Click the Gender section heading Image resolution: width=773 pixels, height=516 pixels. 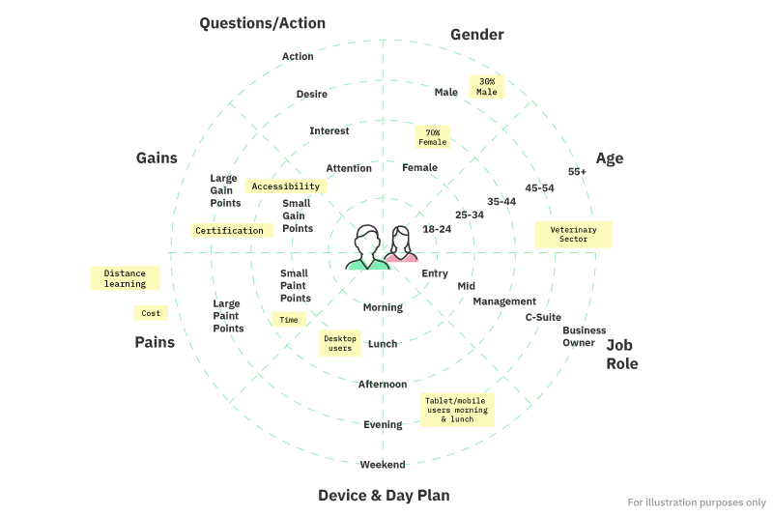(x=477, y=35)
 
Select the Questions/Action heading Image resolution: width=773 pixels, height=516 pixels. (x=262, y=23)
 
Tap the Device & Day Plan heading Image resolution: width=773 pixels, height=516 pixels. (x=384, y=496)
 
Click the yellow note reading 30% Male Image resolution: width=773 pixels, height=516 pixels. (x=487, y=87)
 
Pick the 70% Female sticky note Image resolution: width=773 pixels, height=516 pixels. (x=432, y=137)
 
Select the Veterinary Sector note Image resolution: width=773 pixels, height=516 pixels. (x=574, y=234)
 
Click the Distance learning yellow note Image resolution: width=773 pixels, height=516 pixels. (x=125, y=278)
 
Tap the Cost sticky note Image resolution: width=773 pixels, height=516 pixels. (x=151, y=313)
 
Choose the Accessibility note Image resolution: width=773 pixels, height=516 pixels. (x=285, y=186)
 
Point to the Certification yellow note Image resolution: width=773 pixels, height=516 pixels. (x=229, y=231)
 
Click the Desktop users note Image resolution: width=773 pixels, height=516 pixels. (x=339, y=343)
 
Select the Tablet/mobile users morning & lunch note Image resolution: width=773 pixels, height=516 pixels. (x=457, y=410)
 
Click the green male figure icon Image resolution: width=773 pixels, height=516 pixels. (x=367, y=248)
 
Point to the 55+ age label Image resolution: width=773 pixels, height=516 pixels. (x=577, y=172)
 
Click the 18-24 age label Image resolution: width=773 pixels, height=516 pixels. (x=437, y=229)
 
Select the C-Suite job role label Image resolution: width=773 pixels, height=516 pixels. (x=542, y=316)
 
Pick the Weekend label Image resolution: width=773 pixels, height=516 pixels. (x=383, y=465)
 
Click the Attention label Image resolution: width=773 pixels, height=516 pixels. (x=349, y=168)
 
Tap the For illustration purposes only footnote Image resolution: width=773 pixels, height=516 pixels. (x=696, y=502)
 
